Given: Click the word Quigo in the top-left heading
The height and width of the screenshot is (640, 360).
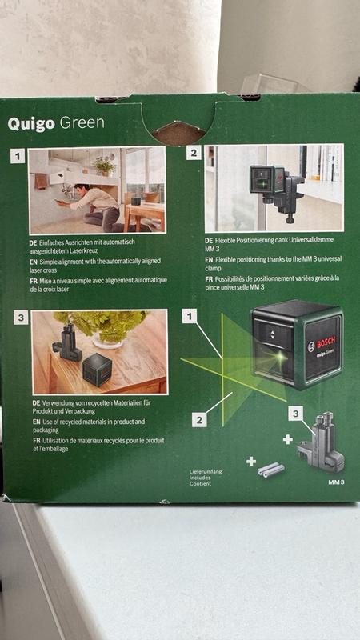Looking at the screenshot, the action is [31, 124].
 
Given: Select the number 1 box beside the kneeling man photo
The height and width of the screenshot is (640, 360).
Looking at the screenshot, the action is [18, 156].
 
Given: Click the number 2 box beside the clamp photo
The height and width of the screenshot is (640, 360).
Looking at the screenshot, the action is [194, 153].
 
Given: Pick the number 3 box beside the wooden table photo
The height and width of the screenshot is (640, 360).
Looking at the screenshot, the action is [21, 318].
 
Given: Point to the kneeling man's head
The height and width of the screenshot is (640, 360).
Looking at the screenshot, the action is [79, 190].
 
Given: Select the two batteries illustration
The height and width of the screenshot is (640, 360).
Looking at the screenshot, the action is [270, 469].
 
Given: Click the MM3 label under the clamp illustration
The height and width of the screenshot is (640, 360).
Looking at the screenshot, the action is [336, 482].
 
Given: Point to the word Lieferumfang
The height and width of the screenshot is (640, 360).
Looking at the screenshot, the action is [206, 471].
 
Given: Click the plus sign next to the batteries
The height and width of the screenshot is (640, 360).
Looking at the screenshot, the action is [251, 462].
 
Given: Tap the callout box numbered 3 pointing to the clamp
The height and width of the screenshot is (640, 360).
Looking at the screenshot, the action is [295, 414].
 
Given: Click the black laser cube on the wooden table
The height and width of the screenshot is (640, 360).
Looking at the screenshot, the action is [97, 370].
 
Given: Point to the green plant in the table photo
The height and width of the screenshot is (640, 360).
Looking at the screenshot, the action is [102, 325].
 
